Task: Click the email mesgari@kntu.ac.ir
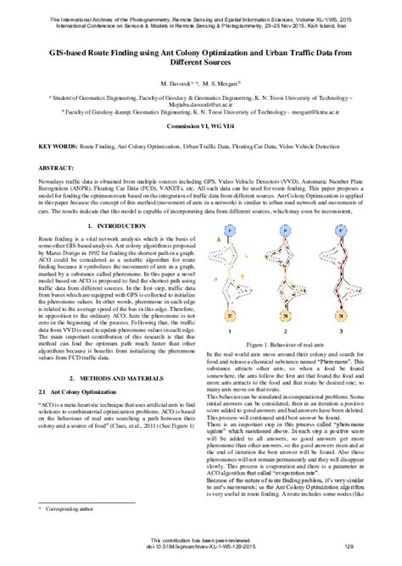[x=333, y=111]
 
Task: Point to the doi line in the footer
[x=200, y=548]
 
